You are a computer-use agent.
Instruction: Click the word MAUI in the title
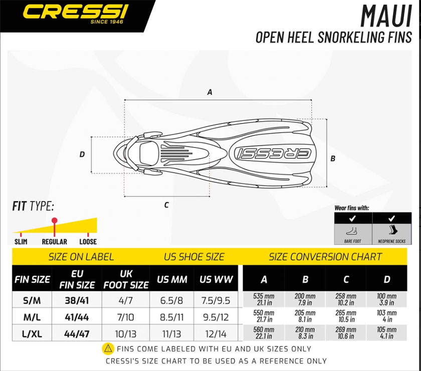coord(386,16)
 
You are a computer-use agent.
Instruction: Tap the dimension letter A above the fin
coord(209,92)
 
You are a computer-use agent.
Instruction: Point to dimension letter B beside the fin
coord(333,159)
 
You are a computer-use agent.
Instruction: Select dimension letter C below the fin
coord(166,205)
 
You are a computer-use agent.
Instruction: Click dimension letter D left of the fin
coord(82,154)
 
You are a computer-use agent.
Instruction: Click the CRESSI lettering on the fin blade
coord(273,153)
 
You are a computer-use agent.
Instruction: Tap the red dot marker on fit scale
coord(55,220)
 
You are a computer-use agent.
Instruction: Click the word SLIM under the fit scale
coord(21,241)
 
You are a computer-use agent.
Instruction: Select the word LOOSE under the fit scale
coord(88,241)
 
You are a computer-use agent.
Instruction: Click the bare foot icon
coord(353,231)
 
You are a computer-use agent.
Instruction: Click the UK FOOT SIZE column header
coord(126,279)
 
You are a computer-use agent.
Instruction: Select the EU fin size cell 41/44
coord(77,317)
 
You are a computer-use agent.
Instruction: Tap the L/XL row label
coord(32,334)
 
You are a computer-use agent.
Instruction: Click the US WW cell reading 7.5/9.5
coord(216,301)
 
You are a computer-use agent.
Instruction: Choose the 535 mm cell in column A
coord(264,299)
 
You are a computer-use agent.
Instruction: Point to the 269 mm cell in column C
coord(346,333)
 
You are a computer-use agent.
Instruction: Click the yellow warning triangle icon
coord(108,349)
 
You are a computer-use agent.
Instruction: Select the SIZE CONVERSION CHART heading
coord(325,257)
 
